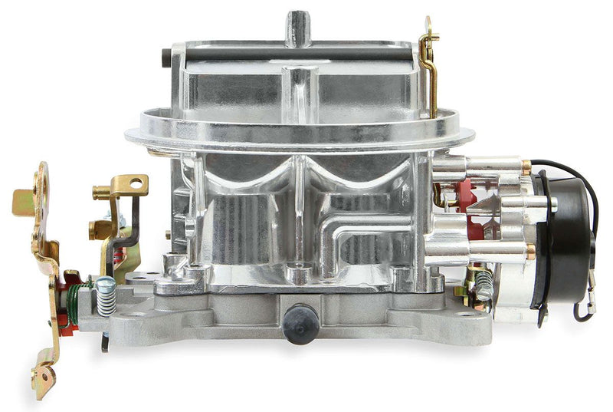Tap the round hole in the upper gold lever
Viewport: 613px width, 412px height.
click(136, 183)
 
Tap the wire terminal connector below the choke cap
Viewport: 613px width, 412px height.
click(586, 307)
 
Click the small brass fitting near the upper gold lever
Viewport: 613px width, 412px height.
click(98, 228)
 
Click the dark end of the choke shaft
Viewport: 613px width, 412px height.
click(166, 55)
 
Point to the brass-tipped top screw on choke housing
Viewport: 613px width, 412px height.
click(526, 166)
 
